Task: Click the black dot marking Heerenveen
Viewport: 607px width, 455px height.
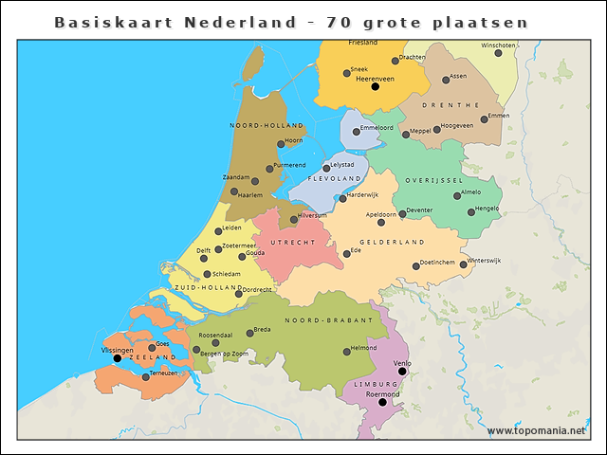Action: (375, 86)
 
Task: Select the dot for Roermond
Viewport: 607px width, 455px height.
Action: (383, 402)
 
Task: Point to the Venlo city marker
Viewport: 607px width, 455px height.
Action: (402, 371)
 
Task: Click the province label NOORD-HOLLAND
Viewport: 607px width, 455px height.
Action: (267, 125)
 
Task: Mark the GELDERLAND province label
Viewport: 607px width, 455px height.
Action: (392, 242)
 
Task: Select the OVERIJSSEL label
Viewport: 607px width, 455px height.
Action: (433, 180)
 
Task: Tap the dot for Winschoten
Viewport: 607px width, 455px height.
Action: (498, 52)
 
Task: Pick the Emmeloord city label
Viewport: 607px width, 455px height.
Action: (377, 126)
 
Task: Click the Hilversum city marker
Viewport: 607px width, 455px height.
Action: (294, 219)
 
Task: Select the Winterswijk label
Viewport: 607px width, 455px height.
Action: (484, 259)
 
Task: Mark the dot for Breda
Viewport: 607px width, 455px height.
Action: (249, 333)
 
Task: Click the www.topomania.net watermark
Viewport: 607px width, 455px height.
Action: (536, 430)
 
